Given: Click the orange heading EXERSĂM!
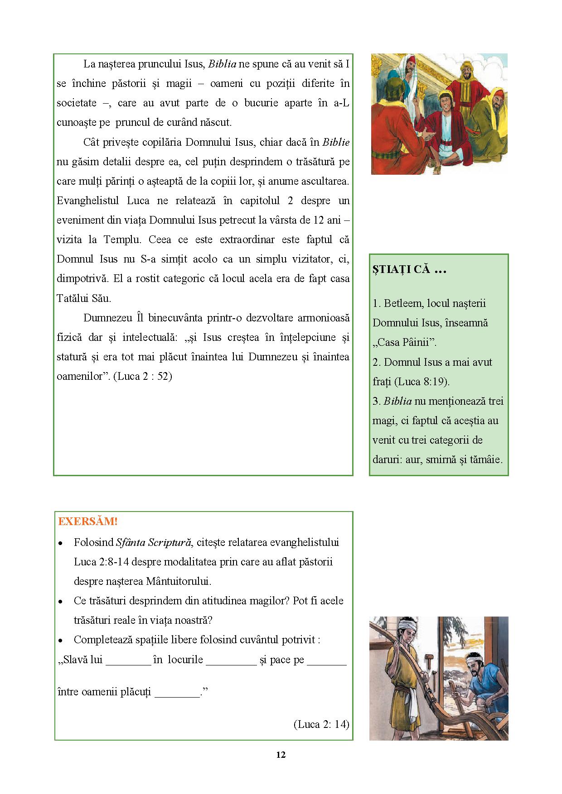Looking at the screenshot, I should [x=87, y=521].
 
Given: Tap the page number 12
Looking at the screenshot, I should [x=281, y=755].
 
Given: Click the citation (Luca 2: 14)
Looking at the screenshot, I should [x=321, y=724].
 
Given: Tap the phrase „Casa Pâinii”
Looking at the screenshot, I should [x=405, y=342].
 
